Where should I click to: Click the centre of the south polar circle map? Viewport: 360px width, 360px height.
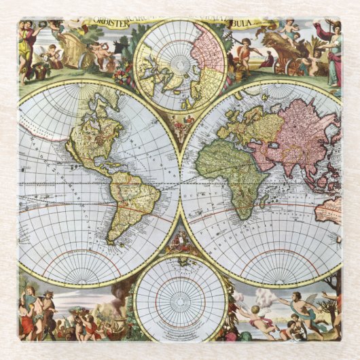coord(180,297)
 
